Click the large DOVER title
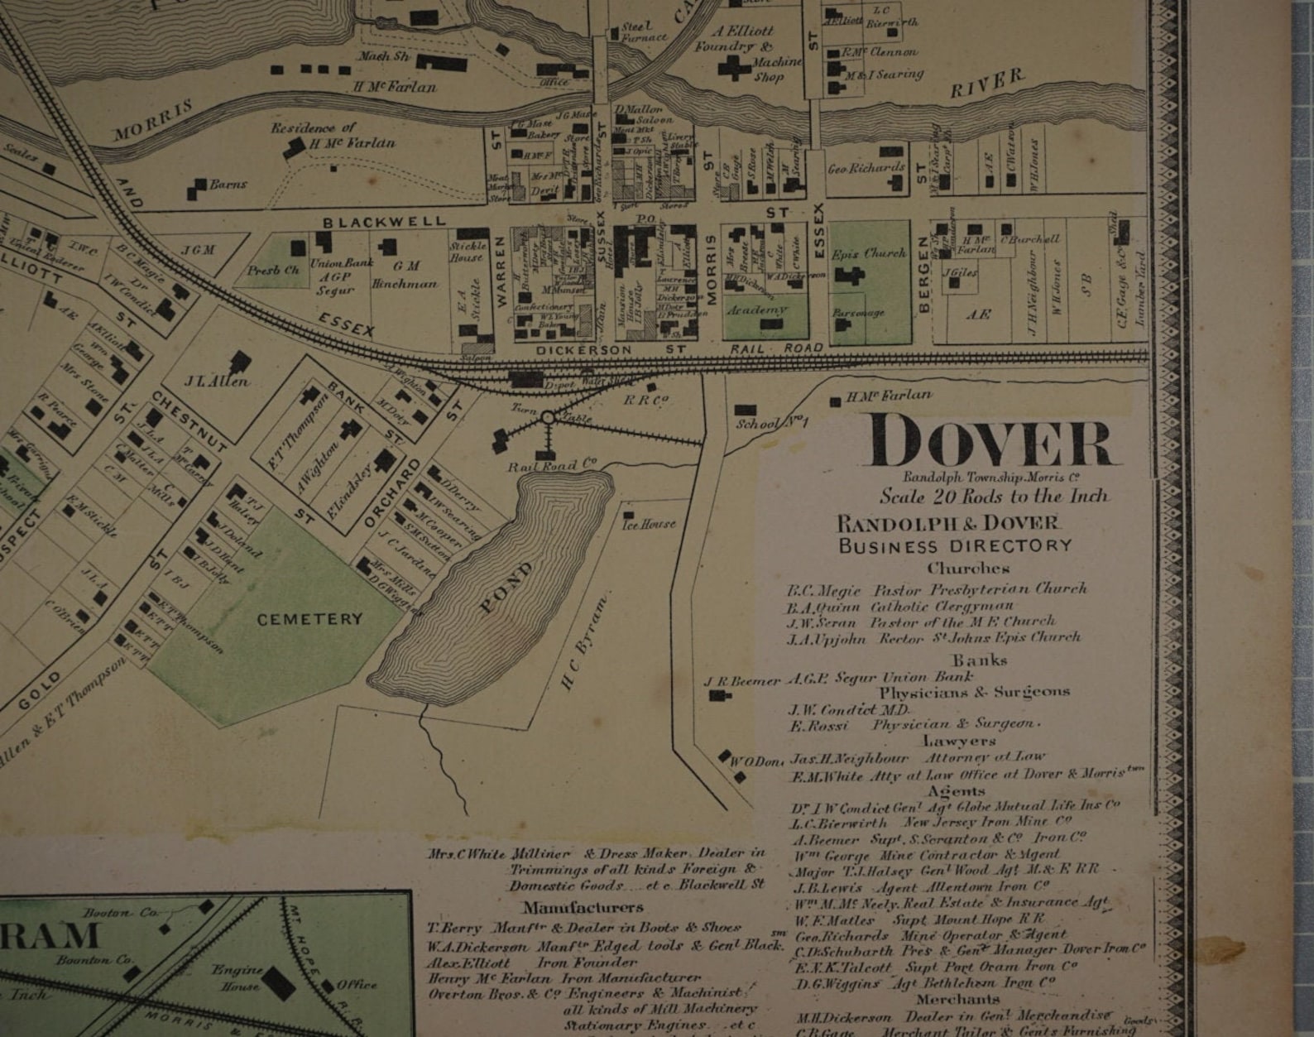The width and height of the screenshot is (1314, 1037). [x=990, y=442]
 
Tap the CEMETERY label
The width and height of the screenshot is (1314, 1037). [x=309, y=619]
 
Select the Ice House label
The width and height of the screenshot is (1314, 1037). [x=649, y=524]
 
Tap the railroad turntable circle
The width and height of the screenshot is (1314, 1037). [x=547, y=419]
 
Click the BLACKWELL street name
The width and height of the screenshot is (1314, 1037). [x=384, y=222]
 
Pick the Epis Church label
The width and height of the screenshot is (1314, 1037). [x=869, y=253]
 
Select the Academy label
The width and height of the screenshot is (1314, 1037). [x=756, y=310]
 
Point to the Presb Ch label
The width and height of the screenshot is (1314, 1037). [x=273, y=270]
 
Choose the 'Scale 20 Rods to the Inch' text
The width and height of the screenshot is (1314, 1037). [x=993, y=497]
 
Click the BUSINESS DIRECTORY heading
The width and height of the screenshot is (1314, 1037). [x=955, y=546]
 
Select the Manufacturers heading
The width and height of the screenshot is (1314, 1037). [x=583, y=907]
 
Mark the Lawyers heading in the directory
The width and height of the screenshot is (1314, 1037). [x=959, y=741]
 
